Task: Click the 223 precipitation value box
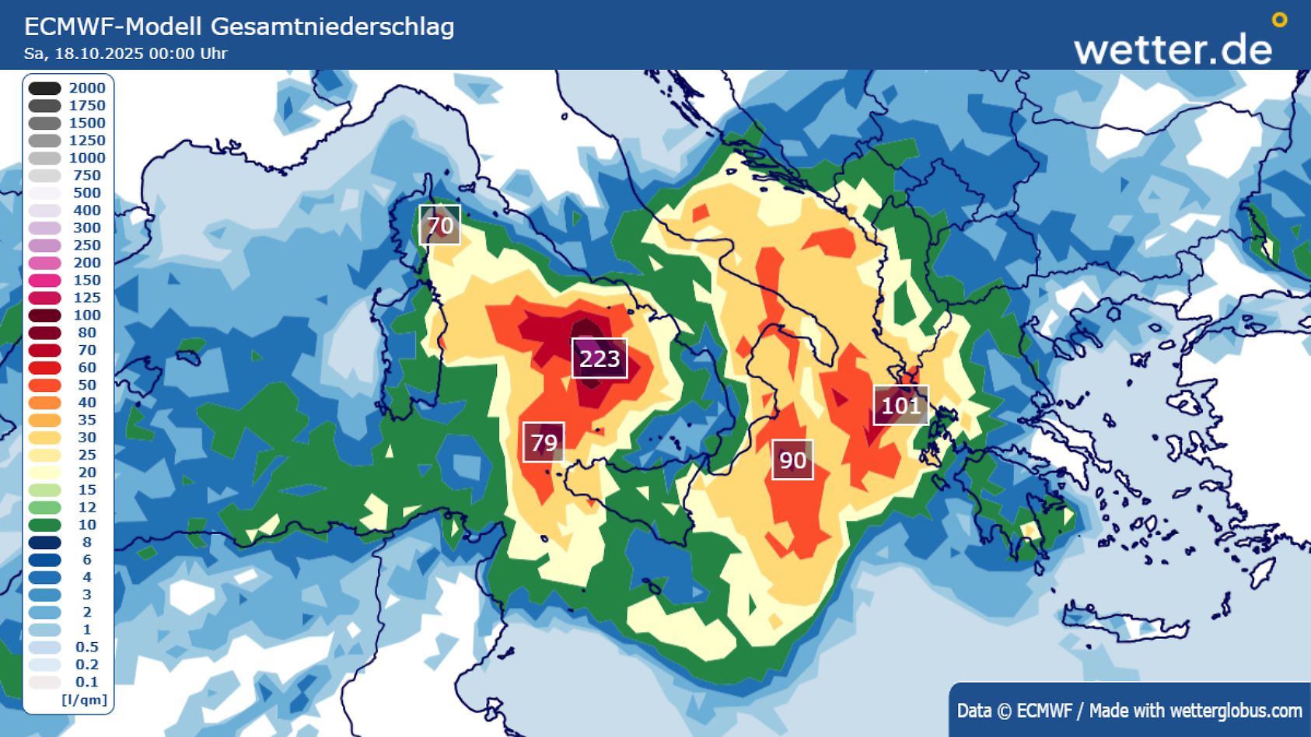(600, 358)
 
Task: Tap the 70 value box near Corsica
(440, 225)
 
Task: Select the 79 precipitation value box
(544, 442)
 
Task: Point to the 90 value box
(792, 459)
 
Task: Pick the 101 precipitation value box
(900, 405)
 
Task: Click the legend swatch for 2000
(45, 89)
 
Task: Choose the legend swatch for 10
(45, 525)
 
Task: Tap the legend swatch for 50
(45, 385)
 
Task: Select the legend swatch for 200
(45, 263)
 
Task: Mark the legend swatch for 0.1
(45, 682)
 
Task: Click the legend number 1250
(87, 141)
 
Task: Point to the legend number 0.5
(87, 647)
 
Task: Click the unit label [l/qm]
(84, 700)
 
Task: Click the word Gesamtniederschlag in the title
(332, 26)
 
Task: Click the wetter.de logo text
(1173, 50)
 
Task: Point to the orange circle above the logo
(1279, 20)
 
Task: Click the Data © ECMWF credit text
(1014, 711)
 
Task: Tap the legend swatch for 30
(45, 438)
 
